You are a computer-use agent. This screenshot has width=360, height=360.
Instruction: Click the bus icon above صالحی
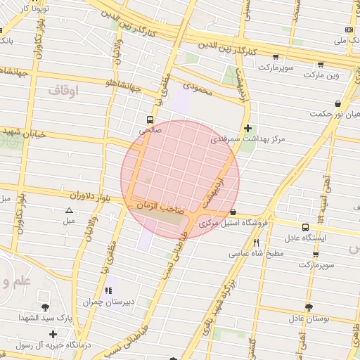click(149, 120)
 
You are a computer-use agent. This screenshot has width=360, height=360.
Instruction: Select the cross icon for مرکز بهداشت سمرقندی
click(247, 128)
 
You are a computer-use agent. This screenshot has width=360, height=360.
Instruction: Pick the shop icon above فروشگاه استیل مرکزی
click(233, 212)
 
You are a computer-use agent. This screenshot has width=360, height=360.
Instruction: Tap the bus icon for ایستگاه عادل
click(305, 227)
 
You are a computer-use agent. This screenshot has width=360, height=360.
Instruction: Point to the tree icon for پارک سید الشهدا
click(46, 307)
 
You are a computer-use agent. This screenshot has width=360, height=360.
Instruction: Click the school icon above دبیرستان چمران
click(108, 290)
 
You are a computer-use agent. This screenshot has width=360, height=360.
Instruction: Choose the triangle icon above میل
click(69, 210)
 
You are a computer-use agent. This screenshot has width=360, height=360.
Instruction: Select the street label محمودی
click(196, 86)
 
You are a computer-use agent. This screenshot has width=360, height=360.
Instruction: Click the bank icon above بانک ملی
click(349, 30)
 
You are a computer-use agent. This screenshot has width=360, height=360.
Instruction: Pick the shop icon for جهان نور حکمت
click(338, 103)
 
